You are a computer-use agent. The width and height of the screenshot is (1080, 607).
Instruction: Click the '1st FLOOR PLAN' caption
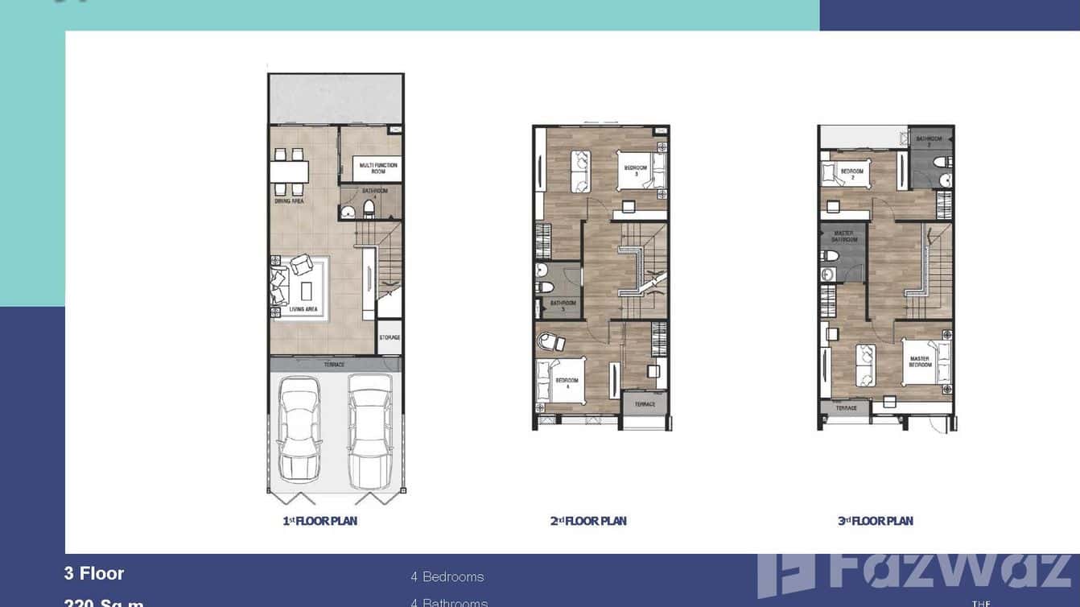pos(319,521)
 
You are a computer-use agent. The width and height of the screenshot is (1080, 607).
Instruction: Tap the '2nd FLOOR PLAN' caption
pos(588,521)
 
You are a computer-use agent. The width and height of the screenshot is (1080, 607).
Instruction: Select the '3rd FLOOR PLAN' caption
pos(875,521)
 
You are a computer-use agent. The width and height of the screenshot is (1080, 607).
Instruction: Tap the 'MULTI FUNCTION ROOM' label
pos(378,168)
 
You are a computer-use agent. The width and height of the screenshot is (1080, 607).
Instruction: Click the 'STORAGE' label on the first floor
pos(390,337)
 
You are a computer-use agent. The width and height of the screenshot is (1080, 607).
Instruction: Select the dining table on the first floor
pos(289,171)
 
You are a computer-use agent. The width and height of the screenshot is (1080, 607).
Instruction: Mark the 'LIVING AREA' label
pos(305,309)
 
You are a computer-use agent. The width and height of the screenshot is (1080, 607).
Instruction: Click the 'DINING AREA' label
pos(289,201)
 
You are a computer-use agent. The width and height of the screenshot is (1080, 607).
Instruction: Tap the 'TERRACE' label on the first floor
pos(334,365)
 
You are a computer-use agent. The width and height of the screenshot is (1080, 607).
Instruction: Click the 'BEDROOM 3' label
pos(636,171)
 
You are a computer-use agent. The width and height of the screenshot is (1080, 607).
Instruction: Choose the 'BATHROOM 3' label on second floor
pos(563,306)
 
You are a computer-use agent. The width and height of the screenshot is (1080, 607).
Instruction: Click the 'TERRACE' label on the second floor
pos(645,404)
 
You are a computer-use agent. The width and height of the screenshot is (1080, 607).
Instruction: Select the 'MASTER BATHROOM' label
pos(843,236)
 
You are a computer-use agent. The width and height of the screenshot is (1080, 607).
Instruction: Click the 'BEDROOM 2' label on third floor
pos(851,174)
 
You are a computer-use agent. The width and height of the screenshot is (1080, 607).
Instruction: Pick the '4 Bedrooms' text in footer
pos(447,576)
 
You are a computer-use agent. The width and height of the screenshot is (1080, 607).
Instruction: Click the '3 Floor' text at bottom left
pos(94,573)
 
